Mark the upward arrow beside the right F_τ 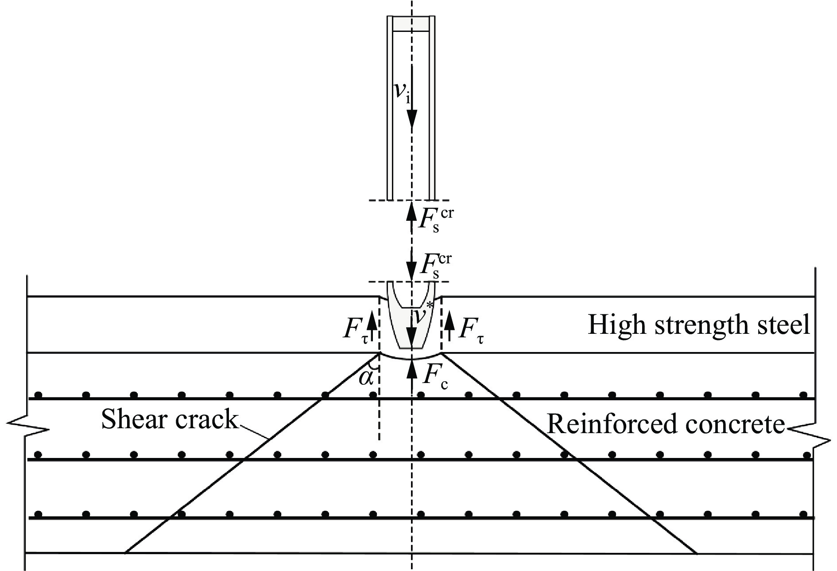tap(450, 326)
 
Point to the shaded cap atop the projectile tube tap(411, 24)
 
